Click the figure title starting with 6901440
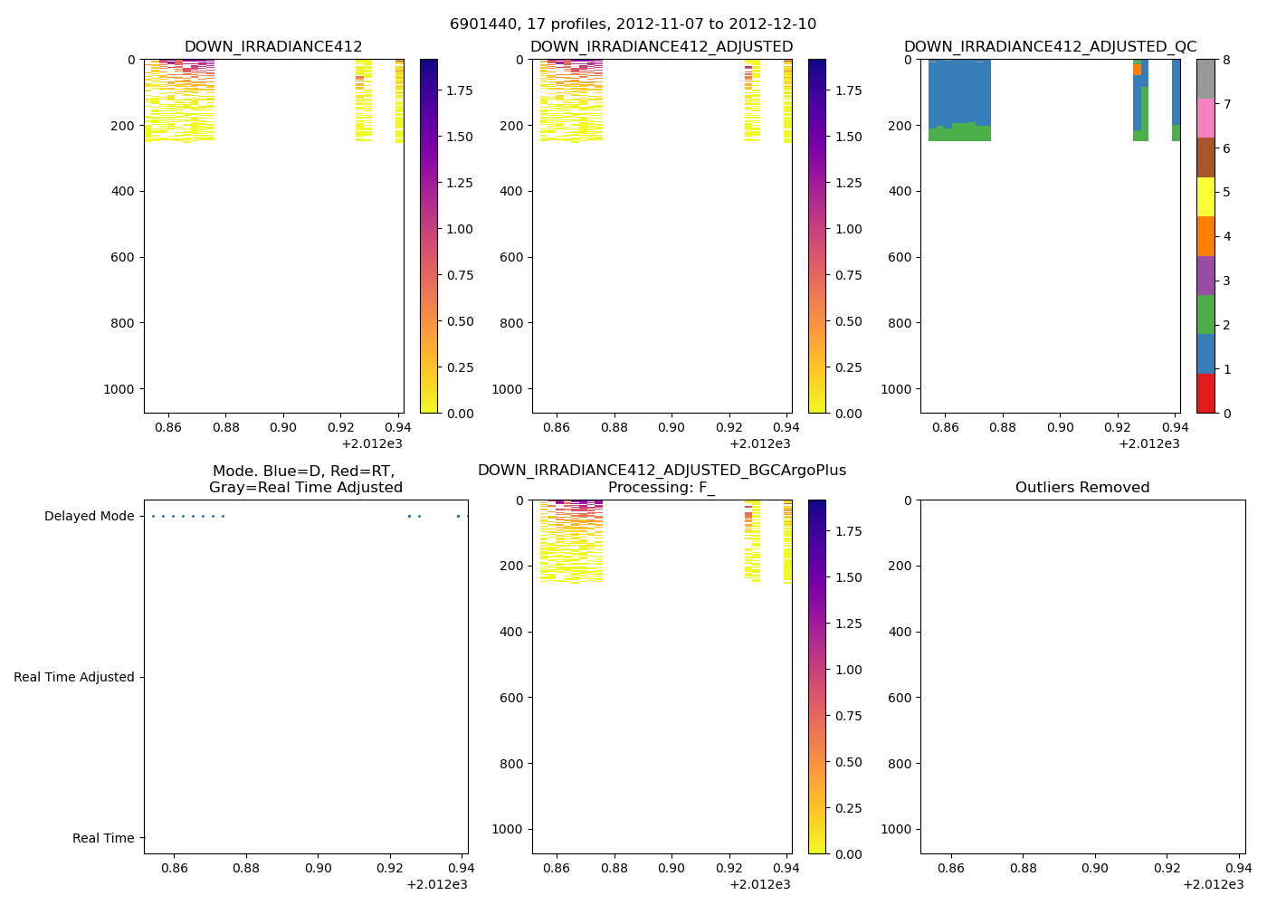coord(633,24)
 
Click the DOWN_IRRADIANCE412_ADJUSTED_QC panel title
coord(1050,47)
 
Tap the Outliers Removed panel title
coord(1081,488)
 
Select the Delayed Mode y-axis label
coord(89,517)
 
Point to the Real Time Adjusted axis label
coord(73,678)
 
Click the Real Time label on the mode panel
coord(103,839)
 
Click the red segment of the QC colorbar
coord(1205,394)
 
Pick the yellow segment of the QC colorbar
coord(1205,196)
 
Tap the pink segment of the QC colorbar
coord(1205,118)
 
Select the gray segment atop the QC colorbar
coord(1205,79)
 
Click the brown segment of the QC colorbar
coord(1205,157)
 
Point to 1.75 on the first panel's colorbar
coord(462,90)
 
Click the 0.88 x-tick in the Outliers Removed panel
coord(1023,868)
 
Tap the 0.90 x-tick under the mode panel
coord(318,868)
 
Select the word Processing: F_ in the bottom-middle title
coord(662,488)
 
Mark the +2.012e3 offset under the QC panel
coord(1148,443)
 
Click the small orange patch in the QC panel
coord(1137,70)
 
